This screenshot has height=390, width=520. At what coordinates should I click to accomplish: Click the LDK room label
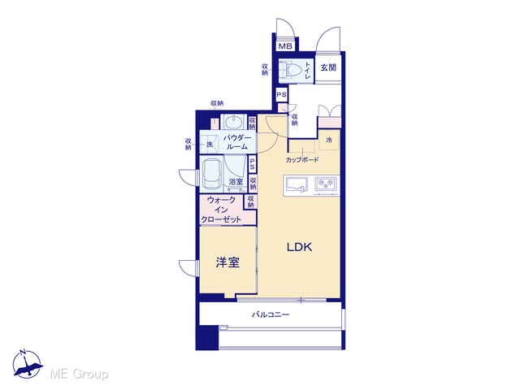pyautogui.click(x=299, y=247)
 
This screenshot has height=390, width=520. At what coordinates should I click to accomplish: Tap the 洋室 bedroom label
pyautogui.click(x=227, y=262)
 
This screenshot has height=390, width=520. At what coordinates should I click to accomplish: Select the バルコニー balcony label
pyautogui.click(x=271, y=314)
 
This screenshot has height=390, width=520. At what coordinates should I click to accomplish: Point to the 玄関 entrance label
pyautogui.click(x=328, y=67)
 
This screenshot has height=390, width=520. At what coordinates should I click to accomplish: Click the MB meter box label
pyautogui.click(x=285, y=46)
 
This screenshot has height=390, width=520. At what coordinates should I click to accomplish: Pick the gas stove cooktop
pyautogui.click(x=326, y=184)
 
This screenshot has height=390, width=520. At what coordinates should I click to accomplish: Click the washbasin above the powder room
pyautogui.click(x=234, y=122)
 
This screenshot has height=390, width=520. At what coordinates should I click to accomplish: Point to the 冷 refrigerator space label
pyautogui.click(x=329, y=141)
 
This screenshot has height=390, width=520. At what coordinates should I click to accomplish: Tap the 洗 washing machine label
pyautogui.click(x=210, y=145)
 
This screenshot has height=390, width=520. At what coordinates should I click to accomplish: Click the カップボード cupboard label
pyautogui.click(x=302, y=160)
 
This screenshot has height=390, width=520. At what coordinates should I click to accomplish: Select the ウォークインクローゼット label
pyautogui.click(x=221, y=210)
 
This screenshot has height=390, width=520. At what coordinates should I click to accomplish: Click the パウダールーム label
pyautogui.click(x=237, y=141)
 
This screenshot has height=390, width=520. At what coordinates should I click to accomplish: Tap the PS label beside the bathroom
pyautogui.click(x=252, y=163)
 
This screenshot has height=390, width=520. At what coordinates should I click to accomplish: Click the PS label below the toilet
pyautogui.click(x=282, y=95)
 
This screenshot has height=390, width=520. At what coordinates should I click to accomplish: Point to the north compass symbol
pyautogui.click(x=27, y=363)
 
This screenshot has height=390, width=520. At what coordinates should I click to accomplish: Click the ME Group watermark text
pyautogui.click(x=79, y=374)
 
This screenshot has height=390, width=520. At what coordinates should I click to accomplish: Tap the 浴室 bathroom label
pyautogui.click(x=236, y=182)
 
